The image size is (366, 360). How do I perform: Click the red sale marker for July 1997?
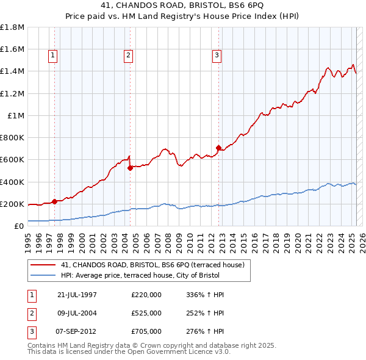click(54, 201)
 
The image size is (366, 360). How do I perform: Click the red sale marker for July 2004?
click(130, 168)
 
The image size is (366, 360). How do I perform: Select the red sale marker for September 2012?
click(218, 147)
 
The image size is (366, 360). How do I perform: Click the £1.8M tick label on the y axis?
click(12, 27)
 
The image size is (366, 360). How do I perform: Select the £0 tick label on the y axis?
click(20, 226)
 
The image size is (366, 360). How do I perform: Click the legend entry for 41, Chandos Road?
click(152, 264)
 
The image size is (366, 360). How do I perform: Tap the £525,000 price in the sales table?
click(146, 313)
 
